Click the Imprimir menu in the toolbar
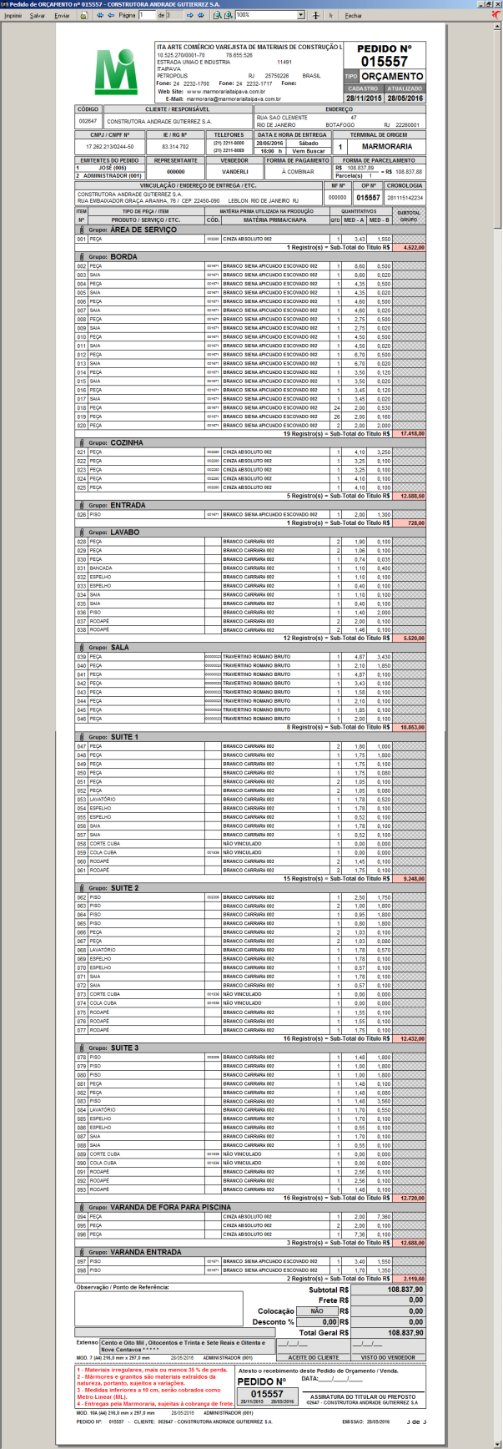tap(13, 15)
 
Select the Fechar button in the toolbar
tap(354, 15)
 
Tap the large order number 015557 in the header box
tap(384, 62)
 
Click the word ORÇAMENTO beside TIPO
tap(392, 76)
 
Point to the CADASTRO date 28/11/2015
tap(363, 98)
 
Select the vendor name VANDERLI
tap(234, 171)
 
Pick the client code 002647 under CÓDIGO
tap(88, 121)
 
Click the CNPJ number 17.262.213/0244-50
tap(109, 146)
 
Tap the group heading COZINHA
tap(127, 442)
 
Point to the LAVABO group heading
tap(124, 532)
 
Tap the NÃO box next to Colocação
tap(318, 1311)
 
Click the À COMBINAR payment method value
tap(296, 171)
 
